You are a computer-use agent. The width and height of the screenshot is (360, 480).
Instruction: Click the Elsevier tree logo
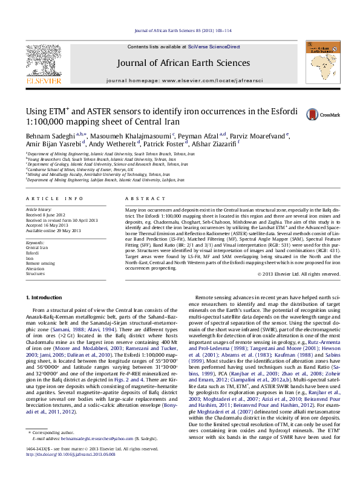43,62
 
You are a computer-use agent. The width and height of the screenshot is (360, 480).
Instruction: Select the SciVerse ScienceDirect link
214,47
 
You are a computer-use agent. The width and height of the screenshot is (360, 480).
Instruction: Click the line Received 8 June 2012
44,214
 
